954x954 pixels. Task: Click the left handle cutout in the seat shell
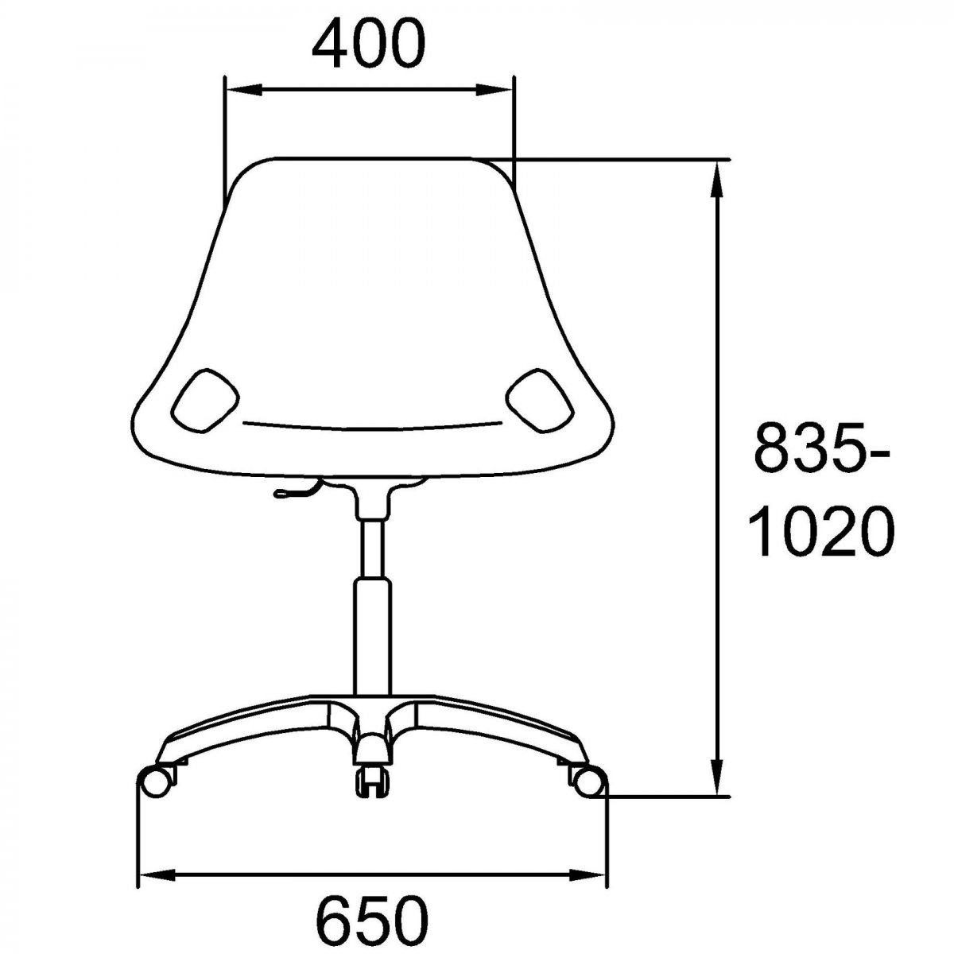pyautogui.click(x=205, y=401)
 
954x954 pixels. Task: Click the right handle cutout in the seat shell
pyautogui.click(x=540, y=401)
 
